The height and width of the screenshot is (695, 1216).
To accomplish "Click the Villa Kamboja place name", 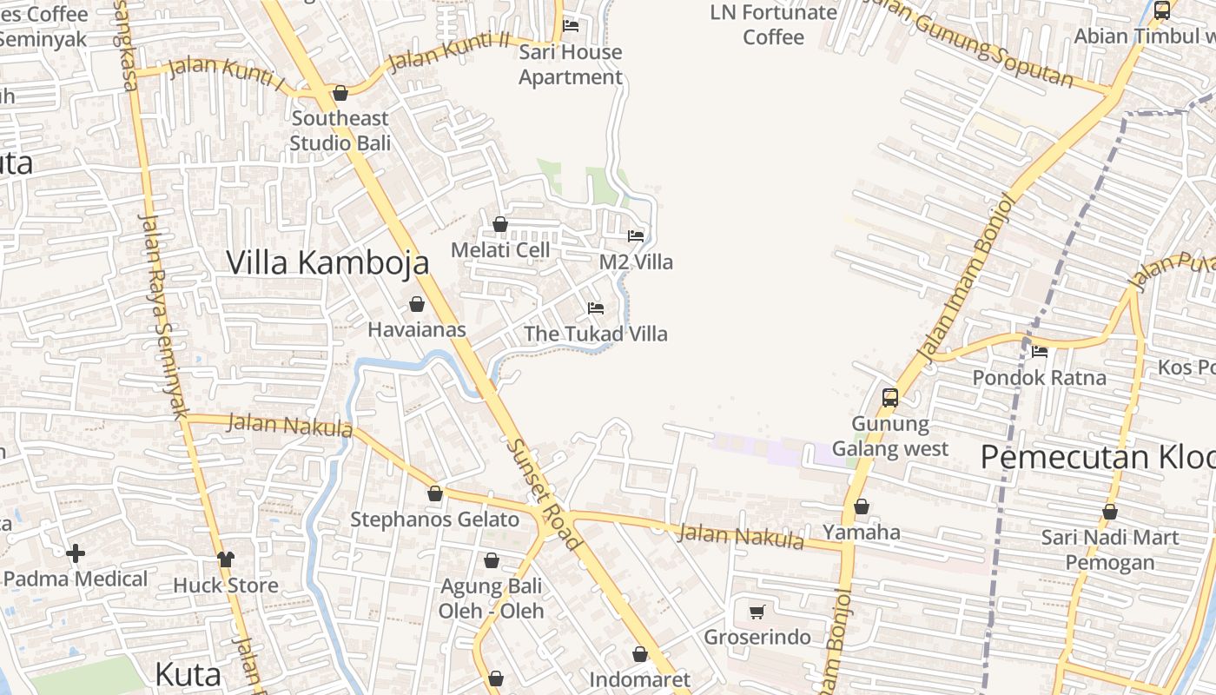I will click(327, 262).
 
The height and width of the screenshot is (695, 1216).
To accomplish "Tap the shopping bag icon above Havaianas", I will click(417, 304).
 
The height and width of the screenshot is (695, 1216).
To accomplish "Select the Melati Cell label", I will click(500, 250).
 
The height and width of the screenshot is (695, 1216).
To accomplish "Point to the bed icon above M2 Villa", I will click(636, 235).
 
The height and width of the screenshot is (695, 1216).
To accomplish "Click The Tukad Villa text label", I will click(596, 334).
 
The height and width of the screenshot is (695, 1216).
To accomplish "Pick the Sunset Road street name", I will click(544, 493).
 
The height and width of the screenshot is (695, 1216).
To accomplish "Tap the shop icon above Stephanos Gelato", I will click(435, 493).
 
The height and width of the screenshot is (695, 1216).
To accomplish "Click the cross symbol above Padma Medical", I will click(76, 553).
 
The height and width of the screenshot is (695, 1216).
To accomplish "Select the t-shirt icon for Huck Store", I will click(226, 559).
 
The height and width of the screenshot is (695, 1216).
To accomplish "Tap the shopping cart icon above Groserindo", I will click(757, 612).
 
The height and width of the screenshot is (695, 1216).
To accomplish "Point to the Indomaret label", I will click(639, 679).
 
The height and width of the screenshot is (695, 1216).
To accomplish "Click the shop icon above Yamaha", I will click(862, 506).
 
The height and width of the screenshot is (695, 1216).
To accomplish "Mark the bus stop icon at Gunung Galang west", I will click(890, 398).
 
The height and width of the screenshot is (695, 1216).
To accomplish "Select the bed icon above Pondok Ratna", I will click(1040, 352).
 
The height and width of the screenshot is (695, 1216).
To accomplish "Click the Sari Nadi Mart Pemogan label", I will click(1110, 550).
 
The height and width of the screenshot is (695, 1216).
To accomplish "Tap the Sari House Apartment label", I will click(571, 64).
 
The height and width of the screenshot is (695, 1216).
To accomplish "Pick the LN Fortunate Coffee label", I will click(773, 24).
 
